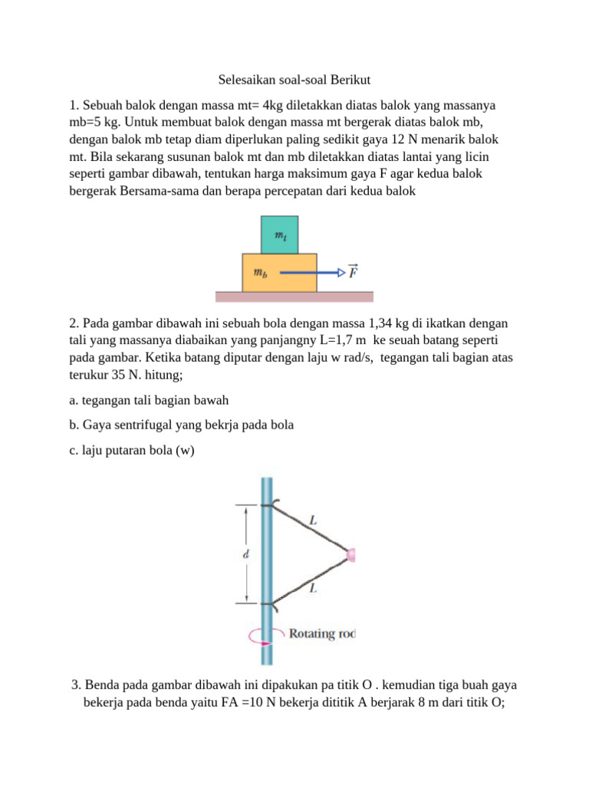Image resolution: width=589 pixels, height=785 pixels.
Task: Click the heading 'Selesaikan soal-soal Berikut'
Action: pyautogui.click(x=294, y=80)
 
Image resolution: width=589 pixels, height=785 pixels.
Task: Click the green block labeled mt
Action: pyautogui.click(x=279, y=235)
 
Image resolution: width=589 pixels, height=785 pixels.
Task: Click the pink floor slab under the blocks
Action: pyautogui.click(x=294, y=297)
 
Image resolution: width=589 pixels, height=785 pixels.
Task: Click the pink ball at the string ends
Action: pyautogui.click(x=350, y=554)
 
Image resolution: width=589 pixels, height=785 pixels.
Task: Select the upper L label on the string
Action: pyautogui.click(x=312, y=521)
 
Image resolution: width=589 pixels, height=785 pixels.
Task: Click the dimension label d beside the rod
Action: pyautogui.click(x=245, y=555)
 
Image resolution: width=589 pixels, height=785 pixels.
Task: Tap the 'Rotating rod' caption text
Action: pyautogui.click(x=321, y=633)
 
